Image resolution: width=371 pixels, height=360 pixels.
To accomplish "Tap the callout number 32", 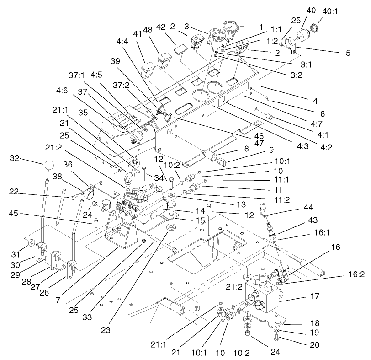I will [x=16, y=158].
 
